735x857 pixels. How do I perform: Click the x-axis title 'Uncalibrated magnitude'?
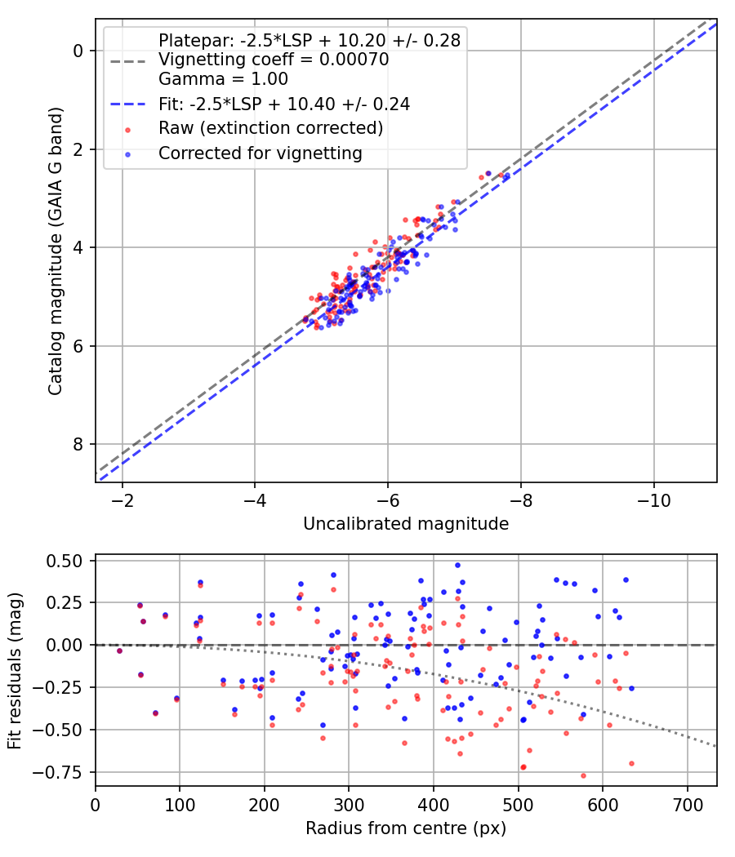click(x=406, y=524)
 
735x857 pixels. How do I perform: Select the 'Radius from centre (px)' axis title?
click(x=406, y=828)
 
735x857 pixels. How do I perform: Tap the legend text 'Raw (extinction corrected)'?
click(x=270, y=128)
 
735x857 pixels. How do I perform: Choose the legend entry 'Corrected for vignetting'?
click(x=260, y=153)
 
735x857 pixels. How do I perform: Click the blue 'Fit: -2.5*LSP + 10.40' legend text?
click(x=283, y=104)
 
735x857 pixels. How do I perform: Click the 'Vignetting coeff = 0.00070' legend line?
click(x=274, y=60)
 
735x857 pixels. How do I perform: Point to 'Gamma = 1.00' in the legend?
click(x=223, y=80)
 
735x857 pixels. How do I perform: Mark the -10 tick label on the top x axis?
click(x=653, y=499)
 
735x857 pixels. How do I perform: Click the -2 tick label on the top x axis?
click(x=122, y=499)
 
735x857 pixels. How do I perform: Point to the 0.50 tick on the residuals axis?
click(x=65, y=561)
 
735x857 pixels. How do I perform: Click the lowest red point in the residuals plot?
click(x=583, y=775)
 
